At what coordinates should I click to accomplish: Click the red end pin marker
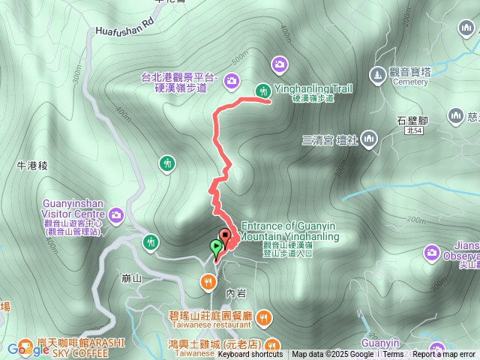tap(225, 237)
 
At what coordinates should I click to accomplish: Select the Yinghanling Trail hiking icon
tap(263, 91)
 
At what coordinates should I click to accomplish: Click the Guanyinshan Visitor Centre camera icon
tap(115, 216)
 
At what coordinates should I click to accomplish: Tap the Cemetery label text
tap(409, 82)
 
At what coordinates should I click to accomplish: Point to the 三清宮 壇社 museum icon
tap(369, 139)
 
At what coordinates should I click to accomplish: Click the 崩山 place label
tap(130, 278)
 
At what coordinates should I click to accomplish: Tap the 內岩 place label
tap(235, 292)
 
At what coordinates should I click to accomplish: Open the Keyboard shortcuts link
tap(250, 355)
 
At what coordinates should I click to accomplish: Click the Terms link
tap(393, 355)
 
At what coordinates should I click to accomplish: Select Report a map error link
tap(444, 355)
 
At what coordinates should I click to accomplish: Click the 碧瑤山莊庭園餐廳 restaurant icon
tap(262, 318)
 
